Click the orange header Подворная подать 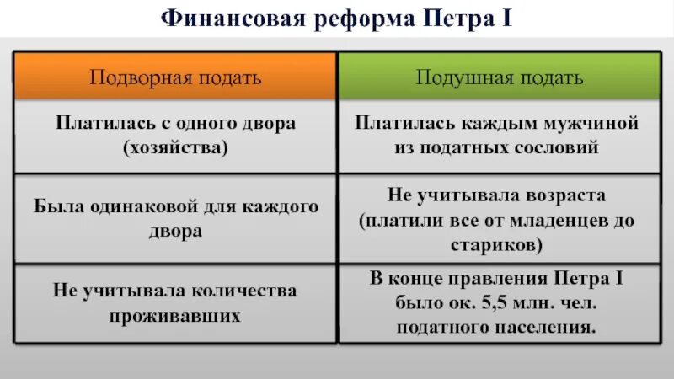(x=176, y=77)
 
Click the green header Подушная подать (x=500, y=77)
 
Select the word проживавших (x=176, y=318)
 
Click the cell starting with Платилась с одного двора (x=176, y=135)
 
